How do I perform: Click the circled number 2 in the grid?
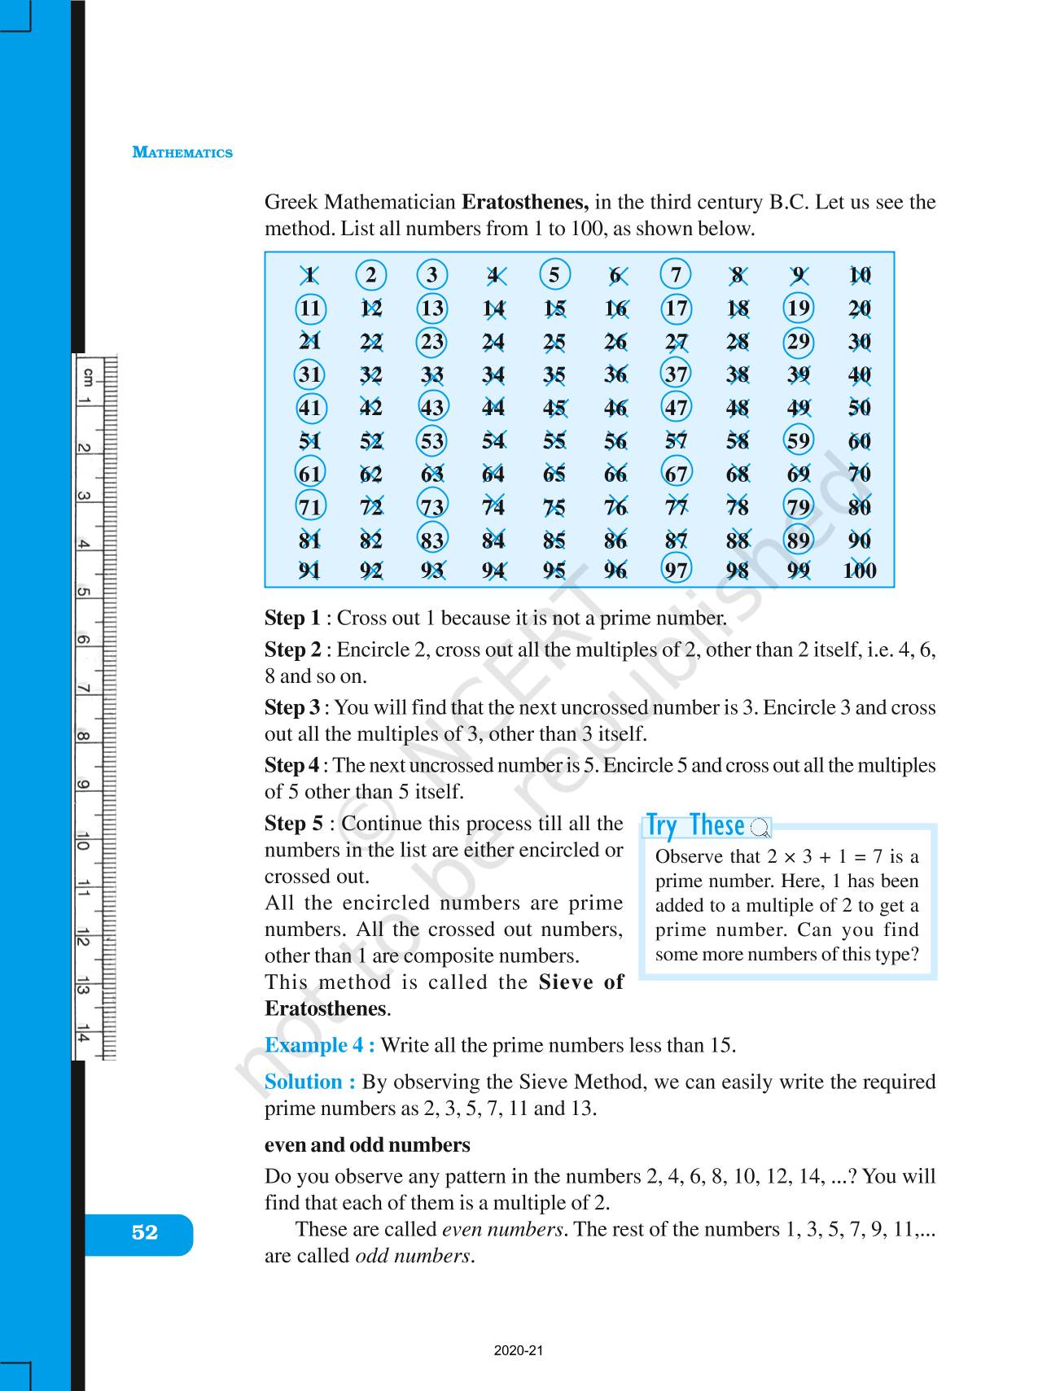tap(371, 275)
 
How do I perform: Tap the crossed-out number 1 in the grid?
tap(309, 275)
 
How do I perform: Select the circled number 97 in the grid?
tap(676, 570)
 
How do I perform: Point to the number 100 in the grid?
tap(859, 571)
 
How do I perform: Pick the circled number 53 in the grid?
tap(431, 441)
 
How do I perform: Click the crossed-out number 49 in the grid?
tap(798, 408)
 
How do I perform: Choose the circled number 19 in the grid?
tap(798, 308)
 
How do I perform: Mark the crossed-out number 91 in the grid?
tap(309, 571)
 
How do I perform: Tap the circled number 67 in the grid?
tap(676, 474)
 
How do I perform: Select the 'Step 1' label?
tap(292, 618)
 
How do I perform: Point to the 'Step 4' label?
tap(291, 765)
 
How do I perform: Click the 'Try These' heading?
tap(694, 825)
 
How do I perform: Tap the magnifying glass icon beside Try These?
tap(760, 829)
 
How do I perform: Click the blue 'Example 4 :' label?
tap(320, 1045)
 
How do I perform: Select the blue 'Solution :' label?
tap(310, 1082)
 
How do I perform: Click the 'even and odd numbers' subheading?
tap(367, 1144)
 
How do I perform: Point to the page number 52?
tap(144, 1233)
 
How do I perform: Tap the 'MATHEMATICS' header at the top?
tap(182, 153)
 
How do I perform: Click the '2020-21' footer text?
tap(518, 1351)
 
